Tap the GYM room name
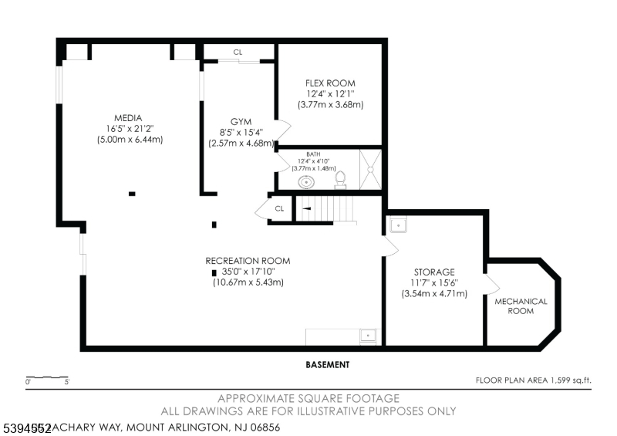point(241,122)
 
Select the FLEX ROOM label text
point(330,83)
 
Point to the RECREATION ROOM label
point(248,261)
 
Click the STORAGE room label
point(434,272)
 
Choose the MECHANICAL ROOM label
point(521,306)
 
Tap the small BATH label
point(313,154)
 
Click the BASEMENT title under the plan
point(327,364)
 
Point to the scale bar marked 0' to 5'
point(48,379)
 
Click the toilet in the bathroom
point(340,179)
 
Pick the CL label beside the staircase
point(279,208)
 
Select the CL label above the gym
point(238,52)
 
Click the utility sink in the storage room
point(398,225)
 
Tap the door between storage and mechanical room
point(488,283)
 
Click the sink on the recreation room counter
point(369,336)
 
